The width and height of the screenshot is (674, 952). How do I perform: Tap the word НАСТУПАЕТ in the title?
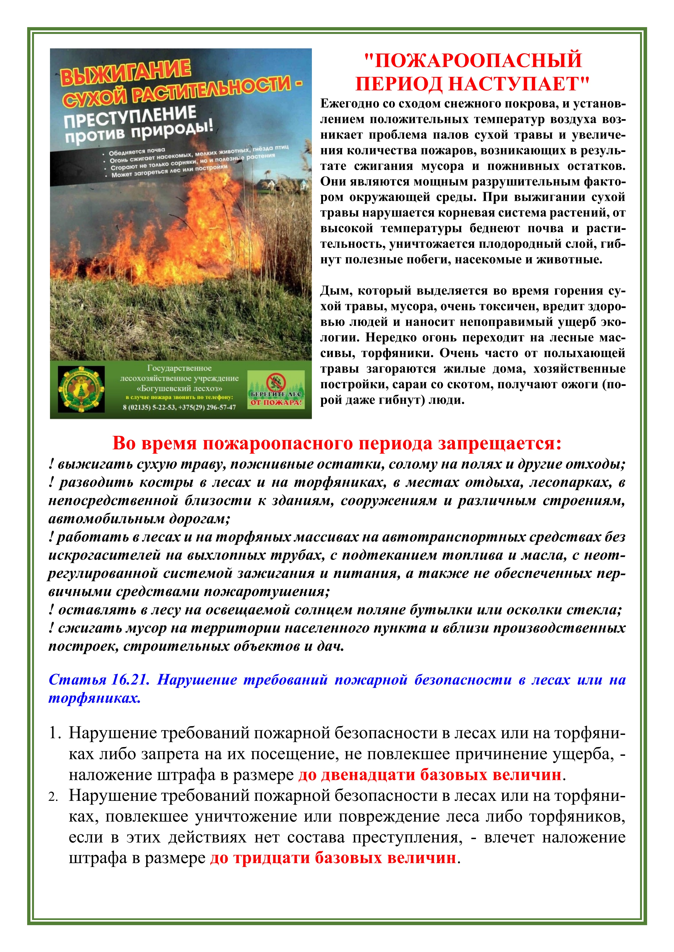coord(519,84)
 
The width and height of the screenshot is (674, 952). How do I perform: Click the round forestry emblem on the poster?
coord(81,389)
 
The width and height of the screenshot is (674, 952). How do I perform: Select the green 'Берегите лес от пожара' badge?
coord(276,390)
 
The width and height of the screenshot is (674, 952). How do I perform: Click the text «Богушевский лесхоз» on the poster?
coord(179,389)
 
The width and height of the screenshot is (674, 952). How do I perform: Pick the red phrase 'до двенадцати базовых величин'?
coord(430,775)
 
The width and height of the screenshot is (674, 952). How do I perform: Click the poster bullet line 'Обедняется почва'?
coord(137,151)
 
